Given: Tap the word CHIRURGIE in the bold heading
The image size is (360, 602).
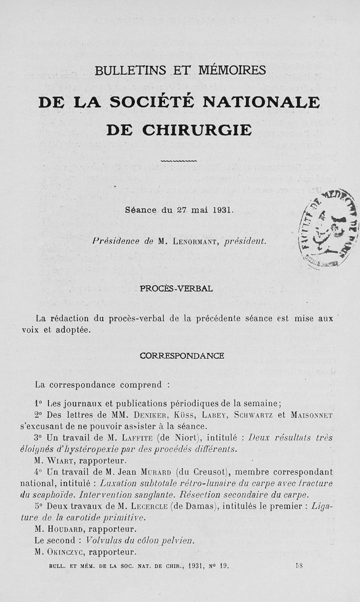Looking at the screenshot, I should click(197, 130).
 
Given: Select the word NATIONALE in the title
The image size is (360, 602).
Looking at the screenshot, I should click(261, 102).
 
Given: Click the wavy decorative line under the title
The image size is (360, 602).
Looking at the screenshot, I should click(179, 160).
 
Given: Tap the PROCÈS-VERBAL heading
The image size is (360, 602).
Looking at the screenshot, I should click(176, 289).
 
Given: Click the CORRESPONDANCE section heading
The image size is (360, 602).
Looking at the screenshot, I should click(182, 355).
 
